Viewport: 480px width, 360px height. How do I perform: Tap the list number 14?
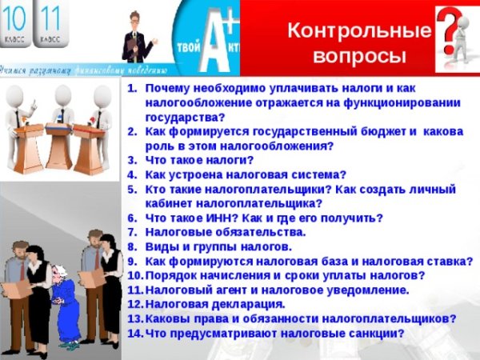(134, 334)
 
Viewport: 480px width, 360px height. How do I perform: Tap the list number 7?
(134, 232)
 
